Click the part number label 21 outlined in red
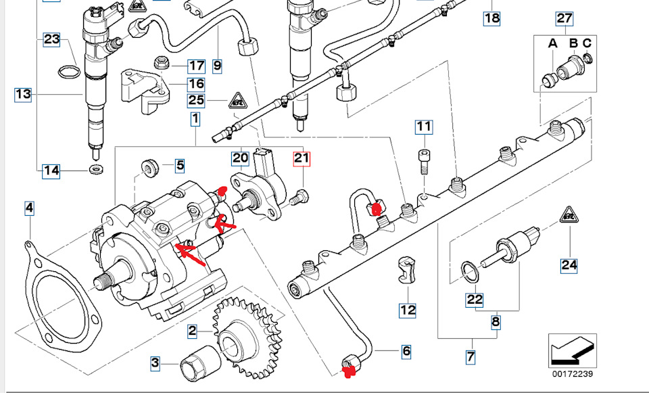coord(302,158)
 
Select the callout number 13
coord(23,95)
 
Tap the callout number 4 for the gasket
coord(29,208)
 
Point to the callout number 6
coord(406,352)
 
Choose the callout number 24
coord(569,265)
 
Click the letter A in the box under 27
coord(553,43)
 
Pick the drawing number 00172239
coord(573,374)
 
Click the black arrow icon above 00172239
coord(573,350)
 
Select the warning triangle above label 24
coord(569,215)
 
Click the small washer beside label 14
coord(97,169)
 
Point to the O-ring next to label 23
coord(69,72)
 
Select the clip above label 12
coord(406,270)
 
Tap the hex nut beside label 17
coord(161,64)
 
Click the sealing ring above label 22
coord(470,273)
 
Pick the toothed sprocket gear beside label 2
coord(247,338)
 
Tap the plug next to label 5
coord(149,168)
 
